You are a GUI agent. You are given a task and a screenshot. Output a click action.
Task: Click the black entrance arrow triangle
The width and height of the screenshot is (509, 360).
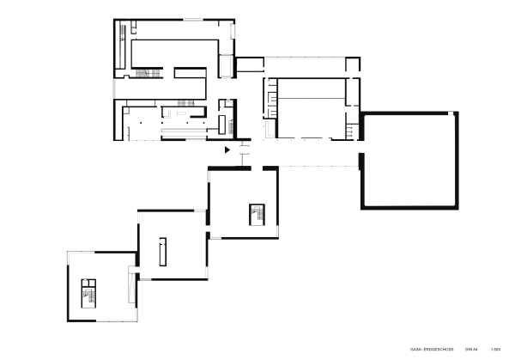click(227, 150)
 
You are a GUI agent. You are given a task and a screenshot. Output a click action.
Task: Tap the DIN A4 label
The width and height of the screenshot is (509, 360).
click(470, 350)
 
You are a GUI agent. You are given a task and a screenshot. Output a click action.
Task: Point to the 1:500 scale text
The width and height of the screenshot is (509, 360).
click(495, 350)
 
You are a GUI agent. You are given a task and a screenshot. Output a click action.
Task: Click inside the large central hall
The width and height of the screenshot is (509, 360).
click(309, 107)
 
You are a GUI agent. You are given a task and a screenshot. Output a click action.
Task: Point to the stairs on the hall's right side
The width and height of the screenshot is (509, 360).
click(353, 129)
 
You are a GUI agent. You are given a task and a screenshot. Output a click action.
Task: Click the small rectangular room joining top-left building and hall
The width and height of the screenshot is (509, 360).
click(248, 64)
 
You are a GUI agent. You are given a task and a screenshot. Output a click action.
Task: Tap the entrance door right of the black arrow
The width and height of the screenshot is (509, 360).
click(244, 152)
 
